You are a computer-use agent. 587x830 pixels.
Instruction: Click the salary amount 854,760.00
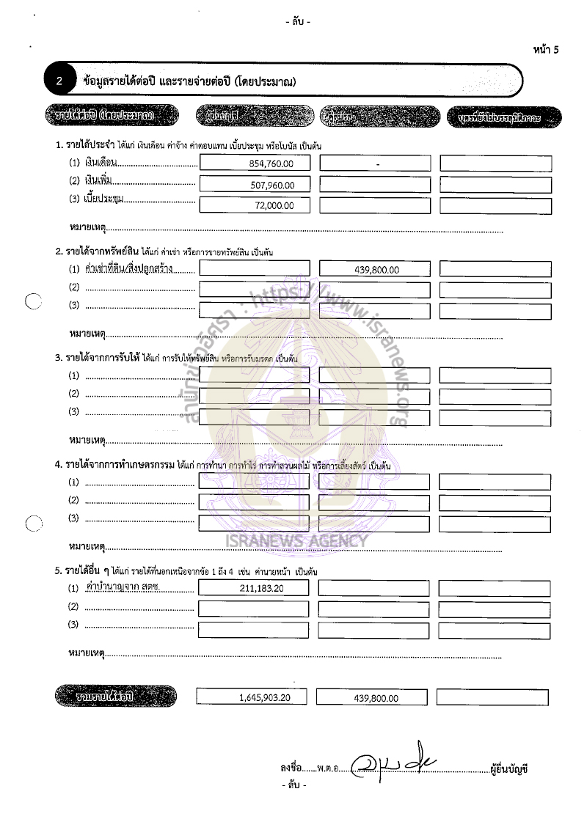click(x=271, y=164)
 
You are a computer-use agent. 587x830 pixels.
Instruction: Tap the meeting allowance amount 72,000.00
click(x=274, y=206)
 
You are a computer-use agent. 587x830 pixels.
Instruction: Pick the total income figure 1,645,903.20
click(x=264, y=698)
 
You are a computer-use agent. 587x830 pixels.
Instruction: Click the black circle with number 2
click(x=59, y=82)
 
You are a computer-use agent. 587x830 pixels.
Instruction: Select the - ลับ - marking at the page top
click(x=297, y=22)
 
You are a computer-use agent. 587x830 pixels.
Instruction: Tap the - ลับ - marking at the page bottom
click(x=294, y=785)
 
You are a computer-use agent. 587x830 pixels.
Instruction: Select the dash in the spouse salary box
click(x=377, y=165)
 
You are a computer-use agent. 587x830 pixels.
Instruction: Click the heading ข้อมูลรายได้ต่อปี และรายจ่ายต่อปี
click(x=190, y=82)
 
